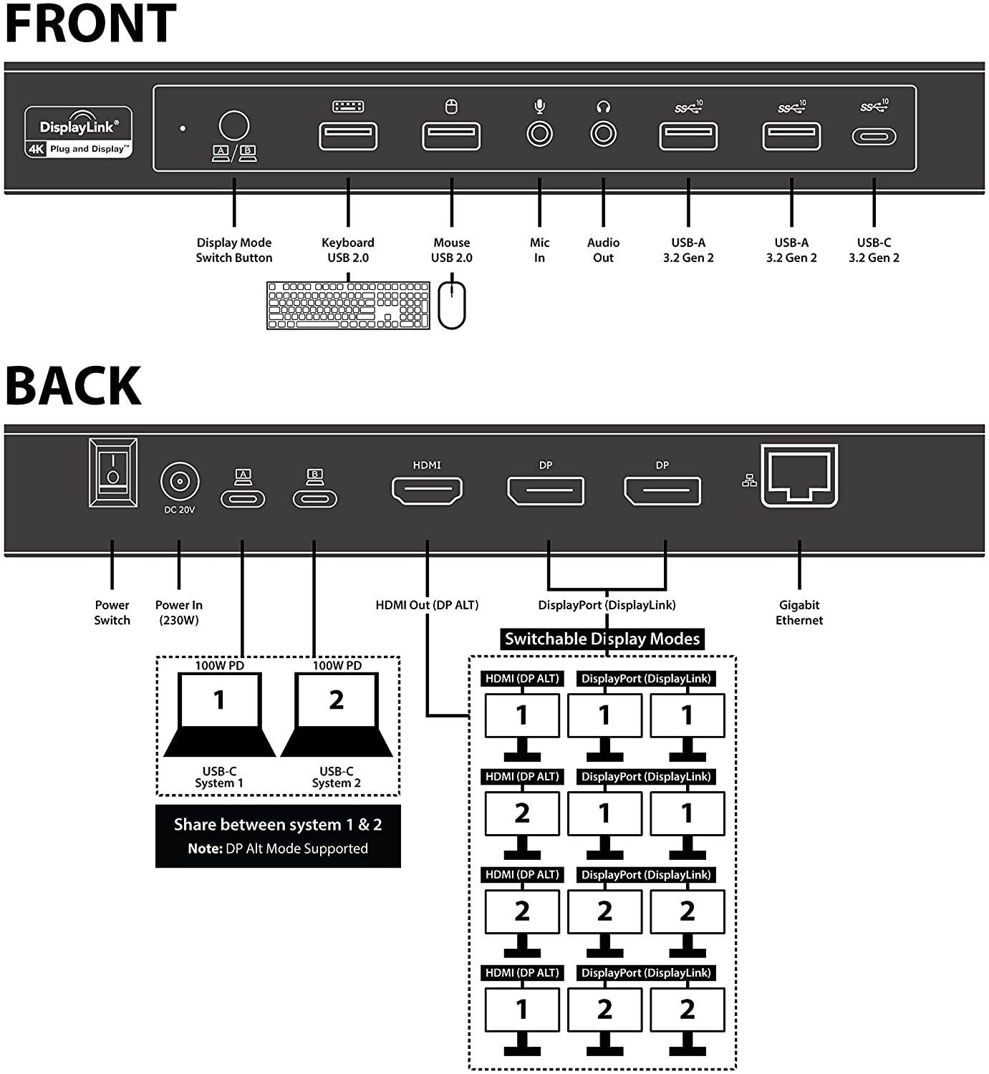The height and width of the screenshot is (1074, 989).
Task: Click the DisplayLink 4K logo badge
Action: coord(79,132)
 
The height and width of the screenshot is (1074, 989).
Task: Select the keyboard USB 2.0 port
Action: coord(348,136)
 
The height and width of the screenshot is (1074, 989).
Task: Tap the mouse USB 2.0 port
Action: coord(451,136)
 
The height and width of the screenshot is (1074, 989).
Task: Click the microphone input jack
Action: coord(539,134)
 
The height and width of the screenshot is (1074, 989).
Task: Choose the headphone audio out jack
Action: coord(603,134)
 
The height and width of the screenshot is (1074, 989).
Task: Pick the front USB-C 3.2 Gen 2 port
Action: coord(874,136)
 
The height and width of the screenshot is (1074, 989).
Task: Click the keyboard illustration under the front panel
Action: coord(348,305)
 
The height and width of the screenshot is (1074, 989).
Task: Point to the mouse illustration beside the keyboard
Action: coord(452,305)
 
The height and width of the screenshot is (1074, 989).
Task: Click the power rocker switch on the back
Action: coord(113,473)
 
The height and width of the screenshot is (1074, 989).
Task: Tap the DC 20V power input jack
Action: coord(179,480)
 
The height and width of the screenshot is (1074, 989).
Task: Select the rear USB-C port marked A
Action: coord(243,498)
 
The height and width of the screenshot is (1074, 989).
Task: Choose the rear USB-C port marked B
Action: coord(314,498)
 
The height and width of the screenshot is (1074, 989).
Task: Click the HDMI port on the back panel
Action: coord(427,490)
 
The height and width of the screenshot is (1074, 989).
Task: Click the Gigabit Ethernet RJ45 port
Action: coord(799,476)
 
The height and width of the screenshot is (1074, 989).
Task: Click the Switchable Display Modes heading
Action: coord(602,639)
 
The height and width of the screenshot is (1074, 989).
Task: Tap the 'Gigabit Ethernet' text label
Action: coord(799,613)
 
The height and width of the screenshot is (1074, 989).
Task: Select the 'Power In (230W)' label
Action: coord(178,613)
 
